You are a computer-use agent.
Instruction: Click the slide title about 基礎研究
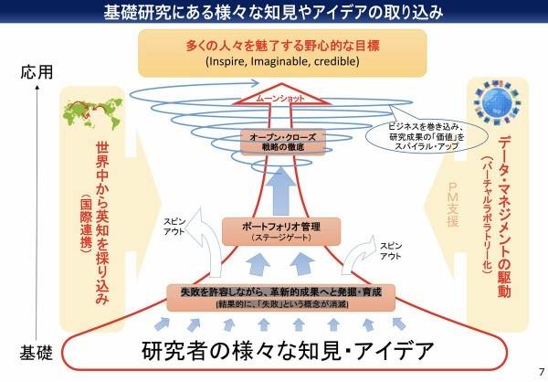pyautogui.click(x=274, y=12)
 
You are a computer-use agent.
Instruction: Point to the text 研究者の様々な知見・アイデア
pyautogui.click(x=273, y=351)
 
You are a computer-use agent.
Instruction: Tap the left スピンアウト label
pyautogui.click(x=174, y=227)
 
